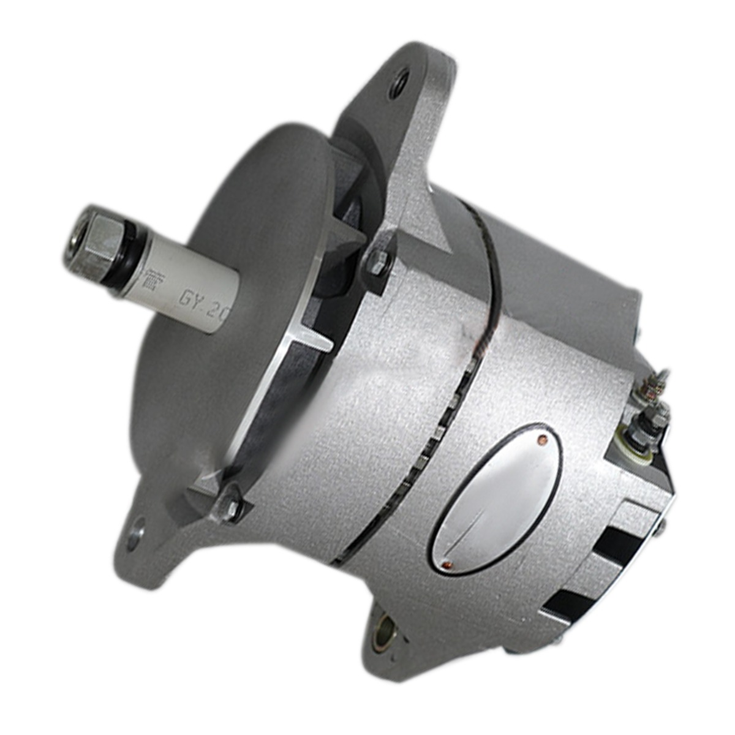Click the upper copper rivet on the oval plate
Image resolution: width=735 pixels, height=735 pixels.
[x=541, y=439]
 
